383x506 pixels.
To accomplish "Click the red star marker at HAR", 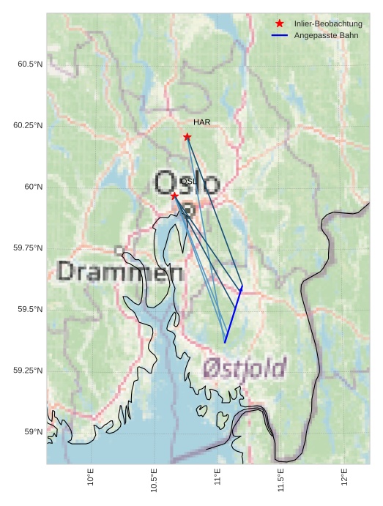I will coord(187,137).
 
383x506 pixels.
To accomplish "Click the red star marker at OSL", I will coord(174,196).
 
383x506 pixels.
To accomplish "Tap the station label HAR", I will coord(202,122).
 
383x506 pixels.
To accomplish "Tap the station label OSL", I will coord(187,181).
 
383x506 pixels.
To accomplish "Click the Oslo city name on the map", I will coord(187,182).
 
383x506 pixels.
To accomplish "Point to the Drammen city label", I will coord(120,272).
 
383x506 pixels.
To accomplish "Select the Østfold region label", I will coord(245,368).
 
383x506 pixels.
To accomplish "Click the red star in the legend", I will coord(280,23).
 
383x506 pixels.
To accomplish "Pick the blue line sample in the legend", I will coord(280,35).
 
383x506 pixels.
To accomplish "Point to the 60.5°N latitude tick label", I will coord(30,64).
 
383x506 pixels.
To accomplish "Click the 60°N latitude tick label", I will coord(33,187).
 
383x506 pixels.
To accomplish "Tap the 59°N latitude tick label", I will coord(33,432).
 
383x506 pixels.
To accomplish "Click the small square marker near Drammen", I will coord(119,250).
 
